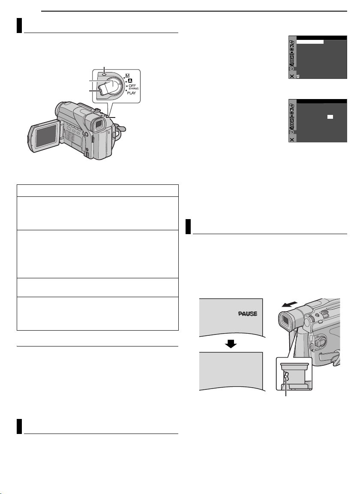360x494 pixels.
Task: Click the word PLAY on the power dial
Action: point(131,93)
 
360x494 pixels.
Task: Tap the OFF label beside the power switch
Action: point(132,85)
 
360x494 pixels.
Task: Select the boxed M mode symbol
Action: point(128,75)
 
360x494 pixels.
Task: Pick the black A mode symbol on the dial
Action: point(130,81)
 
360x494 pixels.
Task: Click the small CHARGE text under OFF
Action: point(134,88)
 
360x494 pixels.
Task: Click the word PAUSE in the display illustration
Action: point(248,313)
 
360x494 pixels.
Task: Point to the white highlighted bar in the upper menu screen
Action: point(310,42)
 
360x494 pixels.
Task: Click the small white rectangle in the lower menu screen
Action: point(330,117)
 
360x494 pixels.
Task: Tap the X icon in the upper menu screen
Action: point(292,76)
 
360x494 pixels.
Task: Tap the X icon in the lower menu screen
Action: point(292,139)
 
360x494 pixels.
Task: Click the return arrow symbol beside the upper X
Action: point(298,76)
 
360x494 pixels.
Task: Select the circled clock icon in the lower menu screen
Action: point(292,132)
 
